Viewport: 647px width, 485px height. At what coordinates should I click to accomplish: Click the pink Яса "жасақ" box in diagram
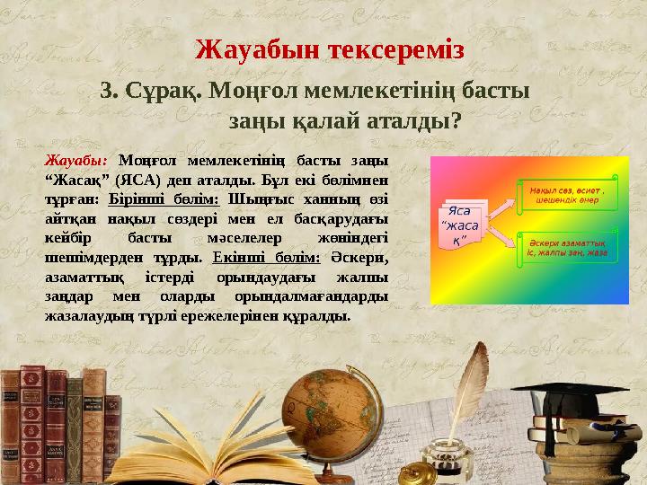(461, 225)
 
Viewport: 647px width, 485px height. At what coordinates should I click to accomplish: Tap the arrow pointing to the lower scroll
(501, 235)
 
